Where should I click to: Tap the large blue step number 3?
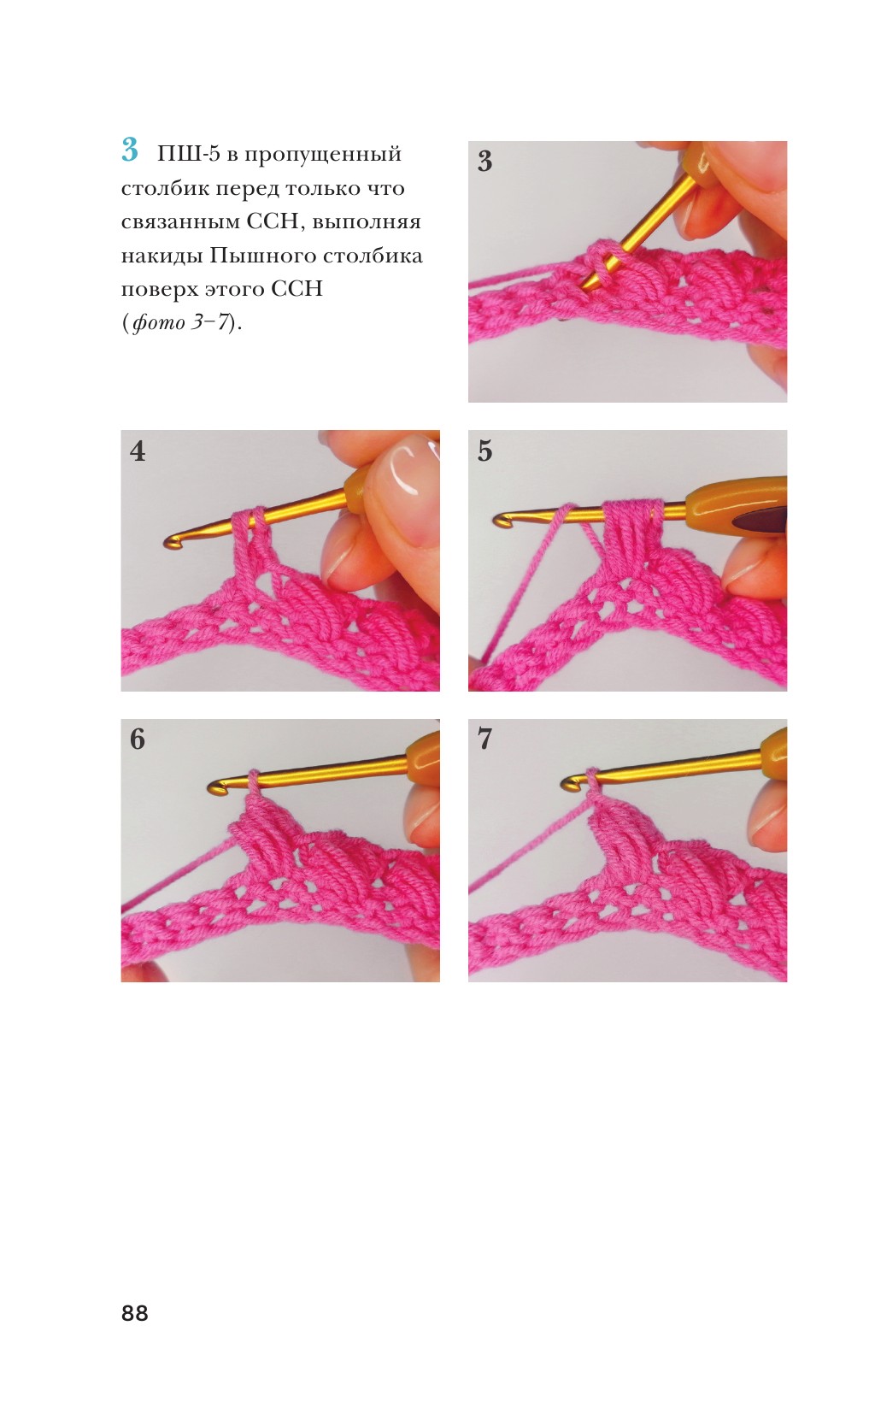click(x=130, y=150)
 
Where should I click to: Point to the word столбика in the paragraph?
click(x=373, y=256)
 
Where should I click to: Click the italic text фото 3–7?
click(x=180, y=324)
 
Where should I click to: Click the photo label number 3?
click(x=484, y=162)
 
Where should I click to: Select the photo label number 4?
click(x=137, y=451)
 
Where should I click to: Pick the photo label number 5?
click(x=484, y=451)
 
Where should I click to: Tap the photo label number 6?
click(x=137, y=739)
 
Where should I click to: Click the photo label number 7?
click(x=484, y=739)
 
